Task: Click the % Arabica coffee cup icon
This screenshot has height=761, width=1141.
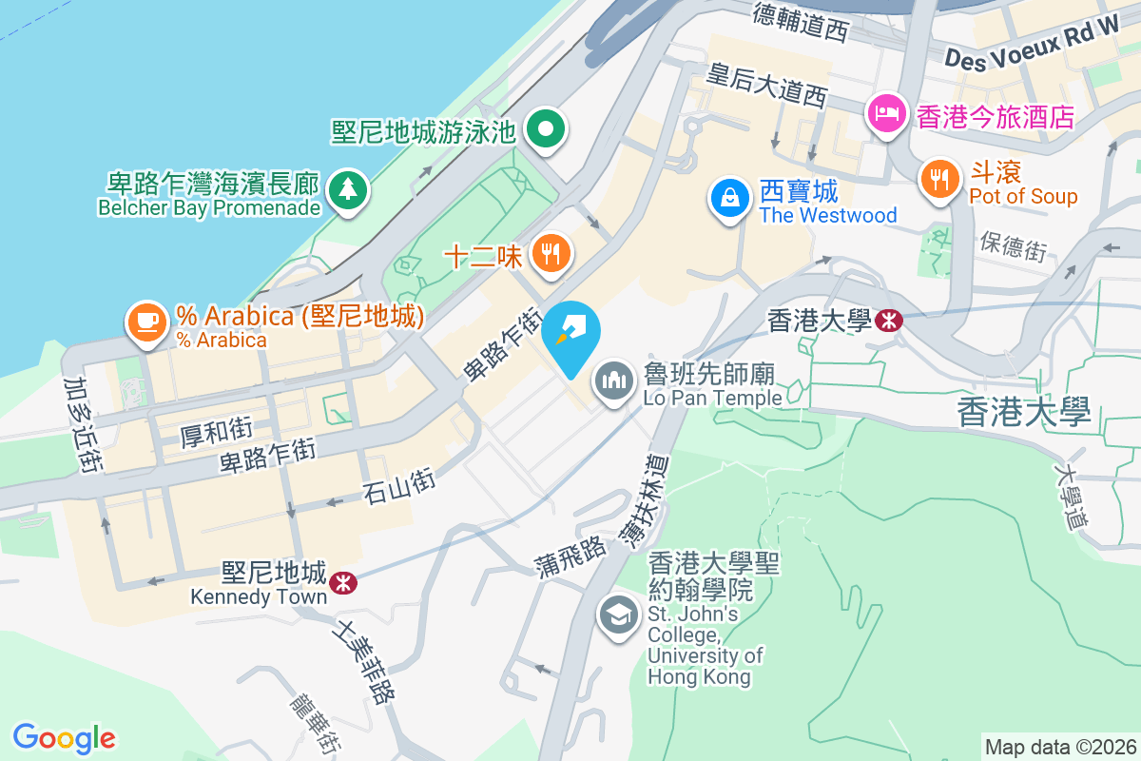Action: [x=145, y=321]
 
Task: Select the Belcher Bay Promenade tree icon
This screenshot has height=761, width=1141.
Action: [x=347, y=187]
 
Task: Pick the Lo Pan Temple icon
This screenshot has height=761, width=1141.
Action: [x=615, y=381]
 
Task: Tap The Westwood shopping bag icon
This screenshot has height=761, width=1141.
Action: [x=729, y=199]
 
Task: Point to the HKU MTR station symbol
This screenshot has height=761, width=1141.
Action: [x=888, y=321]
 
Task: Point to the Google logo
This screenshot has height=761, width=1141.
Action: [x=64, y=737]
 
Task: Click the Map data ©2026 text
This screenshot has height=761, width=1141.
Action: [x=1059, y=747]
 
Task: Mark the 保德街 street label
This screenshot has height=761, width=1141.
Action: [x=1013, y=246]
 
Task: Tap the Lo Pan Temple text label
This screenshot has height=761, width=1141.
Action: [x=712, y=398]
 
